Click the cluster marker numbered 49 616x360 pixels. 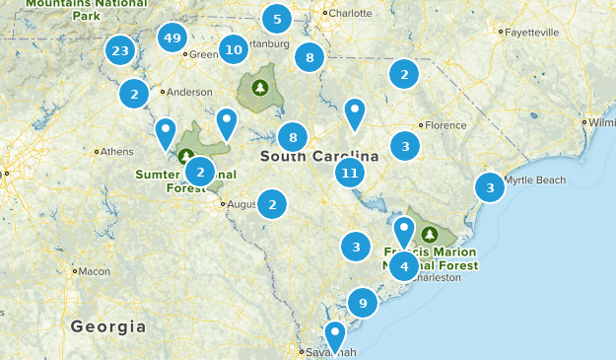tap(172, 38)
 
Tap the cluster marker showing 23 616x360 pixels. tap(120, 51)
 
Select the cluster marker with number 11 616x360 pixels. tap(349, 174)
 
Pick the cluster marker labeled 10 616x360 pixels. tap(234, 49)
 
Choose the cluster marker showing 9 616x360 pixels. tap(363, 303)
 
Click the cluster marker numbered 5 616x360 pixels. tap(276, 19)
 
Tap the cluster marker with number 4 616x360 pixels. tap(404, 266)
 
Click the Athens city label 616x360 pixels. tap(117, 152)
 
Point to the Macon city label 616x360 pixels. tap(95, 271)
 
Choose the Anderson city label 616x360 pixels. tap(189, 92)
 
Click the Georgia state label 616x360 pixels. tap(108, 326)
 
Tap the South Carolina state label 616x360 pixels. tap(319, 157)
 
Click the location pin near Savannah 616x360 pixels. tap(335, 335)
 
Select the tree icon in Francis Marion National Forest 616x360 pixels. tap(429, 235)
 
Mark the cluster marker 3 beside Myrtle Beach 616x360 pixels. tap(490, 187)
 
